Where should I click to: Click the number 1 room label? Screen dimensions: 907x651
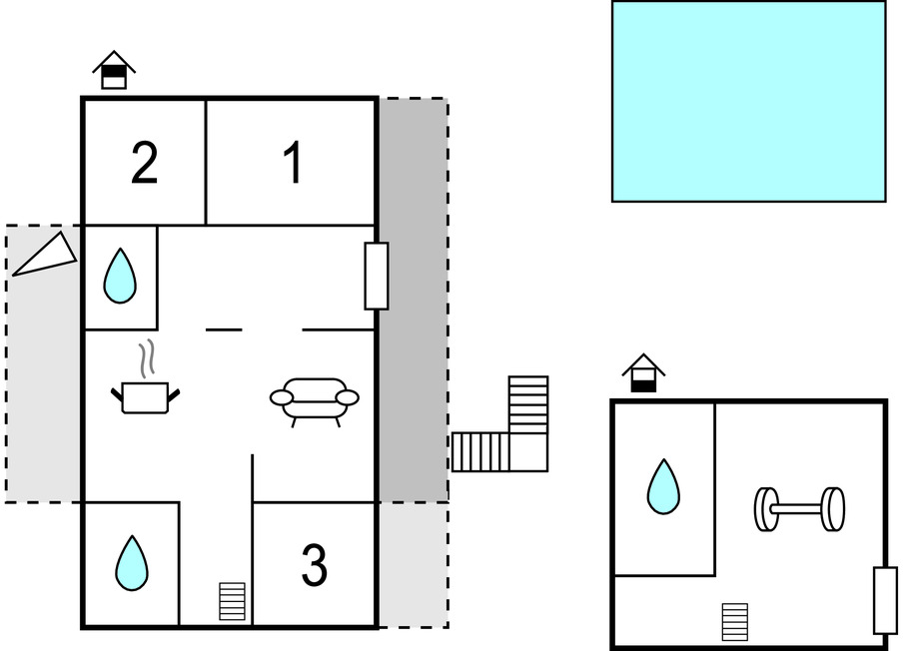(294, 163)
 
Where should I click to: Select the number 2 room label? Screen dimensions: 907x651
(144, 163)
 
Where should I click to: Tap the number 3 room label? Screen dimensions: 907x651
(314, 564)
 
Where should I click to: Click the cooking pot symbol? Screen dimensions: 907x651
(145, 396)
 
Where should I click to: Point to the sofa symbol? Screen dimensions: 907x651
(314, 401)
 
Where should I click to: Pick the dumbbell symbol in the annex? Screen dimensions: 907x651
(799, 509)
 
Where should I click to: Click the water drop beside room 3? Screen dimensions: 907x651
(132, 563)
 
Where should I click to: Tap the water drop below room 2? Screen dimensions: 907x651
(120, 276)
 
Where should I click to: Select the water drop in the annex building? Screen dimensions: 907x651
(663, 487)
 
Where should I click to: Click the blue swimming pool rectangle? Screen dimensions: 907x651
(748, 101)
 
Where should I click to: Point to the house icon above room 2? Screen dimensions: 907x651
(114, 70)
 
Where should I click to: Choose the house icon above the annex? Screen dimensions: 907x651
(643, 372)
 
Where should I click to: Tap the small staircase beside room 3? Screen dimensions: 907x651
(232, 601)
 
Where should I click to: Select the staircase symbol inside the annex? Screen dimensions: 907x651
(734, 622)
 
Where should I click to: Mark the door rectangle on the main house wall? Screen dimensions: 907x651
(376, 277)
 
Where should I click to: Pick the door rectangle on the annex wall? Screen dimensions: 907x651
(885, 601)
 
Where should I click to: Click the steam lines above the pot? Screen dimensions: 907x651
(148, 359)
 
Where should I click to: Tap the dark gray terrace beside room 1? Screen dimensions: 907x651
(413, 300)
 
